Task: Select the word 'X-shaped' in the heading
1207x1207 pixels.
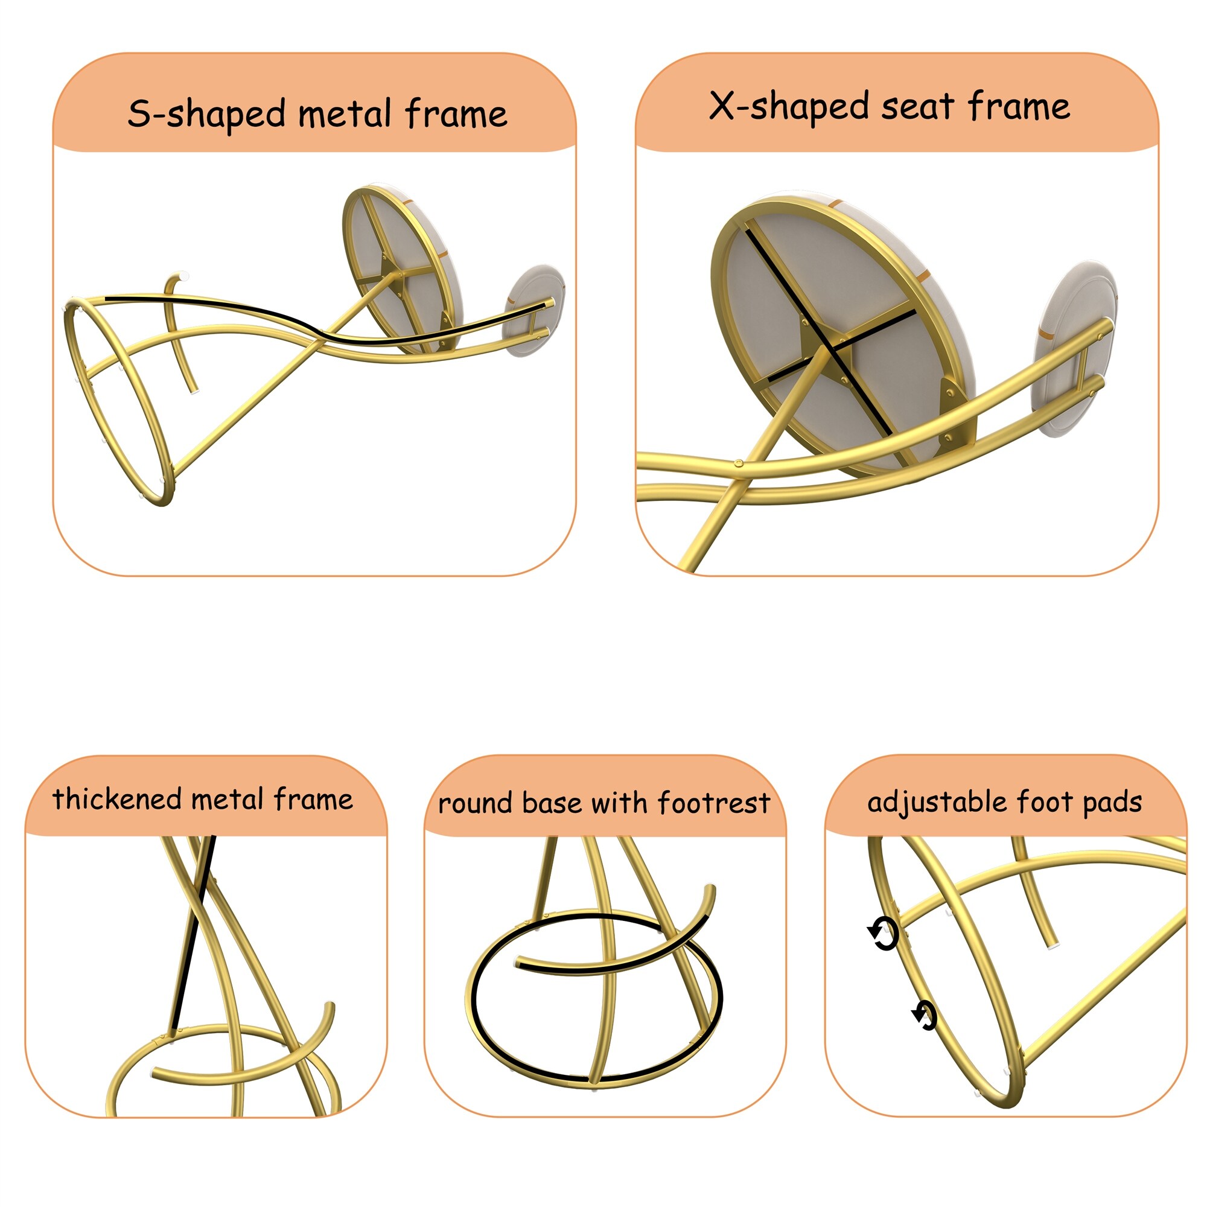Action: click(789, 106)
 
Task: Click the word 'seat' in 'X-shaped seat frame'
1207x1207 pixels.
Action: click(917, 107)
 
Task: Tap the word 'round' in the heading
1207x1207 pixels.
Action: click(476, 804)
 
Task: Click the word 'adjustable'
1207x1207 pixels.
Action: click(937, 802)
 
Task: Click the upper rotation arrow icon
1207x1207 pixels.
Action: click(884, 934)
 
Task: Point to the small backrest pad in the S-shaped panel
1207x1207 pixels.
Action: click(534, 310)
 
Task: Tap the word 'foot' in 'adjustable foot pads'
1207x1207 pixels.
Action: click(1044, 801)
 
